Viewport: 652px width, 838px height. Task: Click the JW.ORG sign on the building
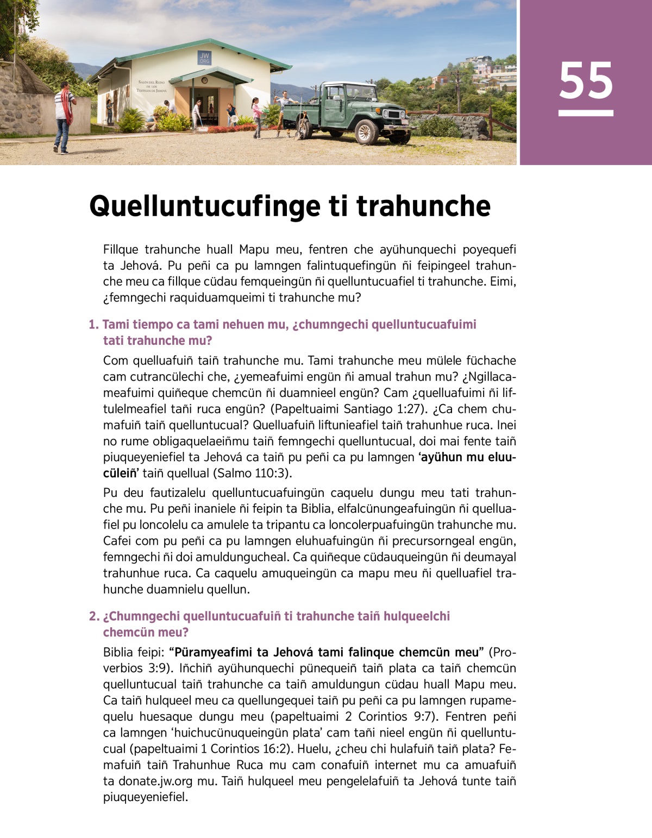click(204, 58)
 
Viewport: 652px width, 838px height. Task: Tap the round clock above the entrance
click(204, 80)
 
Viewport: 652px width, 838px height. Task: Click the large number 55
click(586, 81)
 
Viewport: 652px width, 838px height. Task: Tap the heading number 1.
click(93, 325)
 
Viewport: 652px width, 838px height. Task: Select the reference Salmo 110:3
click(251, 473)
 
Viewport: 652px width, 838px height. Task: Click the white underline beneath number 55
click(586, 113)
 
